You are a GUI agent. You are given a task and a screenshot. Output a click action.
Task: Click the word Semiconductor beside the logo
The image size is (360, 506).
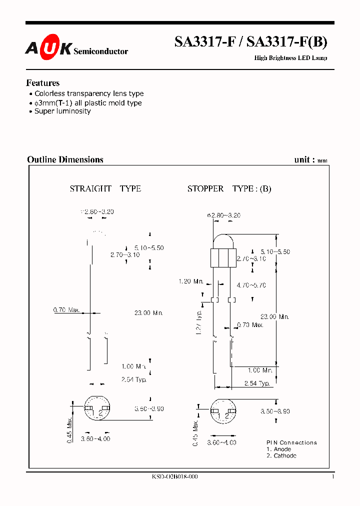tap(100, 51)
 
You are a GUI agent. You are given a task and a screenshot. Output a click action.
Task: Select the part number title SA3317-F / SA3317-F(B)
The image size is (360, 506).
tap(250, 42)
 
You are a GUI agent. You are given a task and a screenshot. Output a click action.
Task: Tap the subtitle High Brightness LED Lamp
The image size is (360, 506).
tap(290, 58)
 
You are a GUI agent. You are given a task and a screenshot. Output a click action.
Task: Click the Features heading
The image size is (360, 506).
tap(43, 83)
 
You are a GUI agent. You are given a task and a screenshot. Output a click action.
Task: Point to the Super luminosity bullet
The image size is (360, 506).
tap(62, 111)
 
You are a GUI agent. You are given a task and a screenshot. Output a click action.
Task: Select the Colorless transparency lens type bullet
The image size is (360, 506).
tap(88, 93)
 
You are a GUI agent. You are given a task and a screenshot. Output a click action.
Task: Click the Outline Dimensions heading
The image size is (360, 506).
tap(65, 159)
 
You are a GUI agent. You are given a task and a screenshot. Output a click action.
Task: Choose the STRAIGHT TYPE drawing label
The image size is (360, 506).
tap(105, 188)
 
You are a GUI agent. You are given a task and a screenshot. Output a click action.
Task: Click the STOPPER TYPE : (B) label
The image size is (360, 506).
tap(229, 188)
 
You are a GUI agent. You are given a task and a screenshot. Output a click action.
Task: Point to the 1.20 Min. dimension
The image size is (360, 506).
tap(190, 281)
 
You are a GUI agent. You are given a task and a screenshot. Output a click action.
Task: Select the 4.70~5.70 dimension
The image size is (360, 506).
tap(251, 285)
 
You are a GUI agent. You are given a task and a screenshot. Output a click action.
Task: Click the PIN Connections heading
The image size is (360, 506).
tap(291, 442)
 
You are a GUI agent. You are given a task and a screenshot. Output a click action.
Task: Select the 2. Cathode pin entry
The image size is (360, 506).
tap(281, 455)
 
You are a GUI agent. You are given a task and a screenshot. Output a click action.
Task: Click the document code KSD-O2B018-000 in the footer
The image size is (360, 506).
tap(174, 477)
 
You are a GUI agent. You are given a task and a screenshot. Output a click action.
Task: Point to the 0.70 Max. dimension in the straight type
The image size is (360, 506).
tap(66, 310)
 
